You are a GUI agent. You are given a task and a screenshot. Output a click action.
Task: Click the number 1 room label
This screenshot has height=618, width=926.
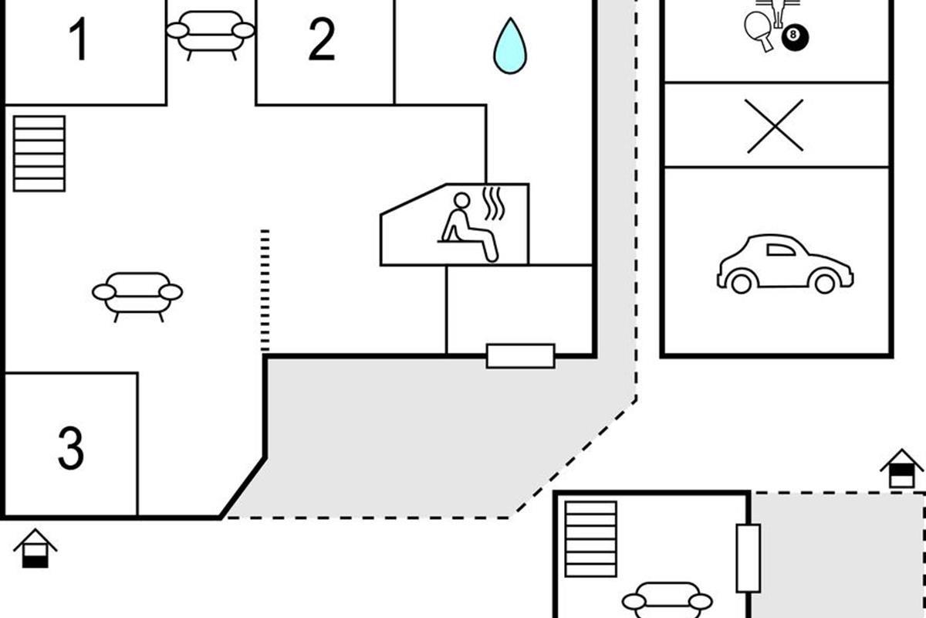click(x=79, y=39)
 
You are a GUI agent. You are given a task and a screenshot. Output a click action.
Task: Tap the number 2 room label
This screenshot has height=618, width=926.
click(x=322, y=39)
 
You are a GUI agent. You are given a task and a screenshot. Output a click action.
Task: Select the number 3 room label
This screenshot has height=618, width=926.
click(x=71, y=448)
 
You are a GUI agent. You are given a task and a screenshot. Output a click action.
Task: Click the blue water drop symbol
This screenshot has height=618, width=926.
click(x=510, y=46)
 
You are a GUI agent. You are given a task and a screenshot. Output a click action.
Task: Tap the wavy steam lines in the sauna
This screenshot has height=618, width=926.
click(x=494, y=203)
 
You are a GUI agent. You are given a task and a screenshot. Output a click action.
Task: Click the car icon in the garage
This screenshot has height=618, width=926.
click(x=785, y=264)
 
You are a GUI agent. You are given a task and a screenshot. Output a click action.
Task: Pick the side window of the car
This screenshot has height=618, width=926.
click(x=780, y=250)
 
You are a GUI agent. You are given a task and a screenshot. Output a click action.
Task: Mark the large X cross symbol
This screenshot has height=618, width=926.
click(x=775, y=126)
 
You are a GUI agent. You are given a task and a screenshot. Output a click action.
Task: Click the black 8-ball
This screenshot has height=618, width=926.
click(x=795, y=37)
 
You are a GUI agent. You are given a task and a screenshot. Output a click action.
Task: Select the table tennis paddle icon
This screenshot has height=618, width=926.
click(x=759, y=30)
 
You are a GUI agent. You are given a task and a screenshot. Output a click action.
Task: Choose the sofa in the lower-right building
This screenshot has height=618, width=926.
click(x=667, y=600)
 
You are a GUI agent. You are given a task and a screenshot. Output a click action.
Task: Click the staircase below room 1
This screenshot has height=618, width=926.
click(x=39, y=154)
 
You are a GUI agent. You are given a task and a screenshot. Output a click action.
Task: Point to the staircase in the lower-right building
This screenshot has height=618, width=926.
click(x=591, y=539)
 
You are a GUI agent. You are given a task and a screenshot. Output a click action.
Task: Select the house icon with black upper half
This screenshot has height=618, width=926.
click(x=901, y=468)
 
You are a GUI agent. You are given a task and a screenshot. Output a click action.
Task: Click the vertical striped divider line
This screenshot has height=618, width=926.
click(x=265, y=290)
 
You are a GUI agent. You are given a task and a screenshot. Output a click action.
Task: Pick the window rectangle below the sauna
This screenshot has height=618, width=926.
click(x=520, y=356)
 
